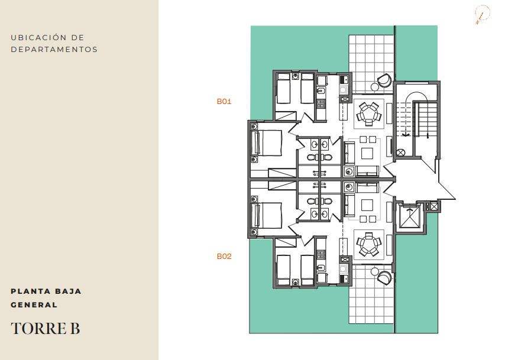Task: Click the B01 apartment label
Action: [224, 102]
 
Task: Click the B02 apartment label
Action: [224, 257]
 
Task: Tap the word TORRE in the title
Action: [38, 328]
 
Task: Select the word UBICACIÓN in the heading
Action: [38, 37]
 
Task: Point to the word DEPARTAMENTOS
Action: [54, 50]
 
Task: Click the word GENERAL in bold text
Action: [34, 305]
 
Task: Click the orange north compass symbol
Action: [483, 14]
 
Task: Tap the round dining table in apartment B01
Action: [368, 114]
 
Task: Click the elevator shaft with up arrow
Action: [410, 217]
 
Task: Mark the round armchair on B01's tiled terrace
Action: [384, 80]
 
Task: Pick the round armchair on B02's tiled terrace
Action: [384, 277]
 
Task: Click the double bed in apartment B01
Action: [267, 142]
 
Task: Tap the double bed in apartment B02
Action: [267, 216]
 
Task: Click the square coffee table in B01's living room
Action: [367, 154]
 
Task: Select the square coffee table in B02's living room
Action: [367, 205]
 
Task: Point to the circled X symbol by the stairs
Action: [400, 153]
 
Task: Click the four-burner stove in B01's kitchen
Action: [320, 103]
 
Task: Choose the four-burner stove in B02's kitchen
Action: [320, 255]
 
